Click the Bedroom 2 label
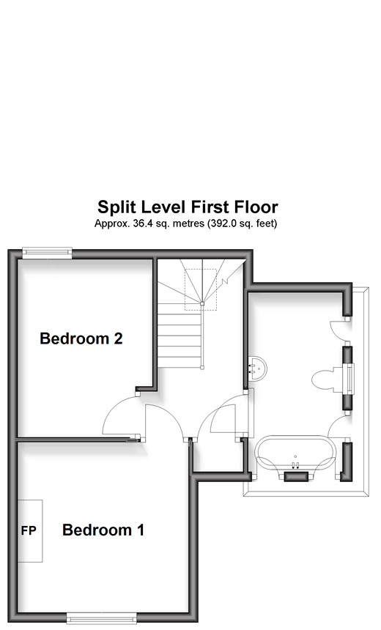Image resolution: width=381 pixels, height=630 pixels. pos(81,338)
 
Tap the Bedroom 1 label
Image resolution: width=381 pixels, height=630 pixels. pos(103,530)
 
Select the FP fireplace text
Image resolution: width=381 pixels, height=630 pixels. pos(29,531)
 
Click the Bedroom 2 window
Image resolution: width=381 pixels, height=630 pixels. pos(47,253)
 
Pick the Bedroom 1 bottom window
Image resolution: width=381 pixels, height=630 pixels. pos(101,618)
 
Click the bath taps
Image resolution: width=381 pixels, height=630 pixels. pos(295,465)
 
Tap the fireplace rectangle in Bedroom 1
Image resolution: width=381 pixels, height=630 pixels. pos(30,531)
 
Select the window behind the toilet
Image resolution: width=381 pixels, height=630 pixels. pos(351,379)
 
